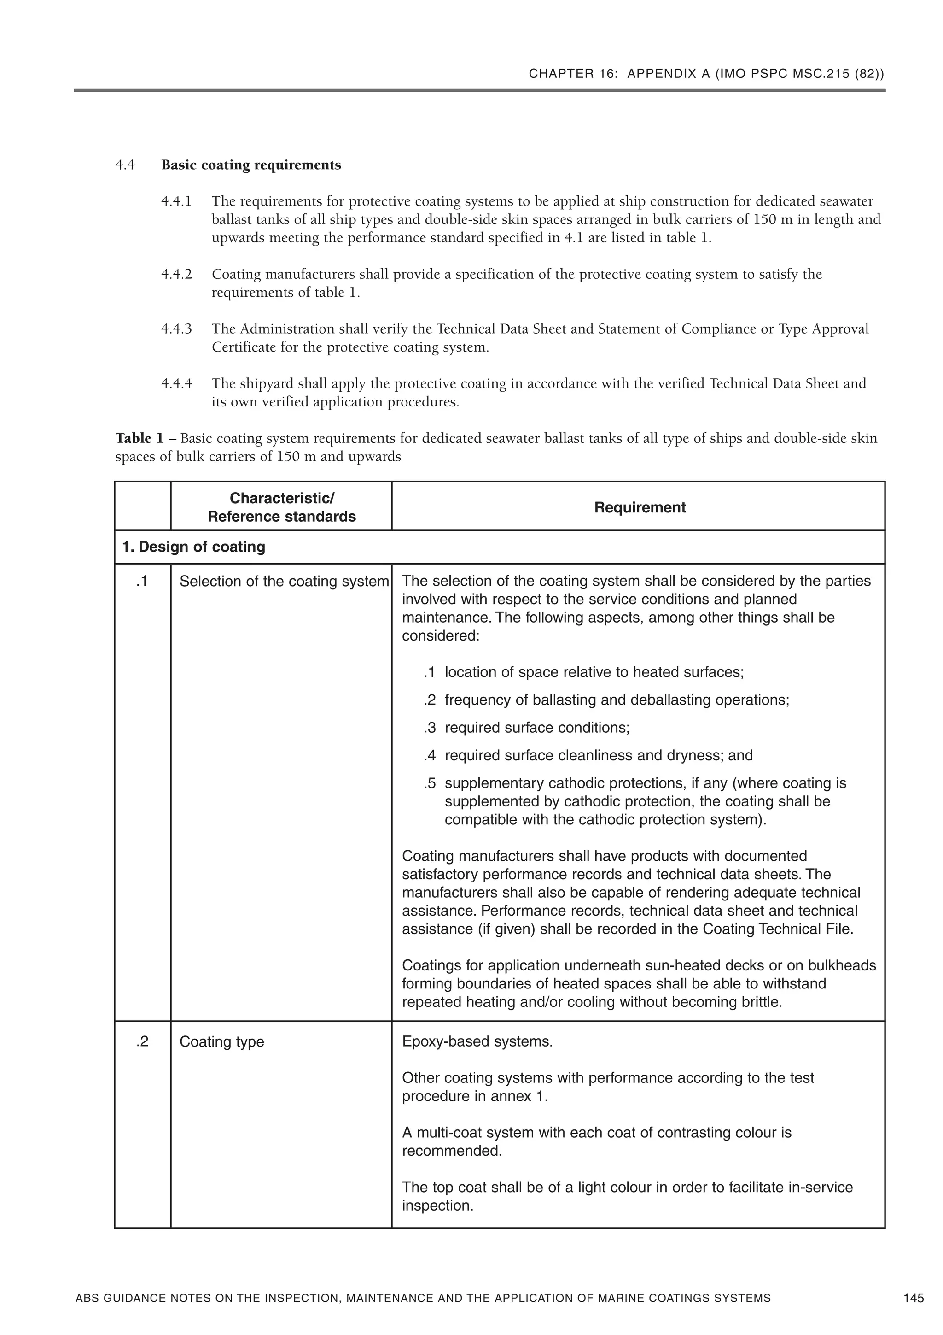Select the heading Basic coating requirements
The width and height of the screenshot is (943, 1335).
(x=251, y=165)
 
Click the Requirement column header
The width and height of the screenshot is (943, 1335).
(x=640, y=508)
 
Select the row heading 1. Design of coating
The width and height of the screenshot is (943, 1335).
(x=193, y=547)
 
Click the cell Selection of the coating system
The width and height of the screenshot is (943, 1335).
(x=284, y=582)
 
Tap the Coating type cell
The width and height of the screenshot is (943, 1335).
(x=221, y=1041)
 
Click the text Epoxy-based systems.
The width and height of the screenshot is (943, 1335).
(x=477, y=1041)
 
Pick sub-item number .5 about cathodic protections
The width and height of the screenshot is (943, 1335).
(x=430, y=783)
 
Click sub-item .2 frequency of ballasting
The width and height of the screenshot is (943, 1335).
(x=430, y=700)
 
